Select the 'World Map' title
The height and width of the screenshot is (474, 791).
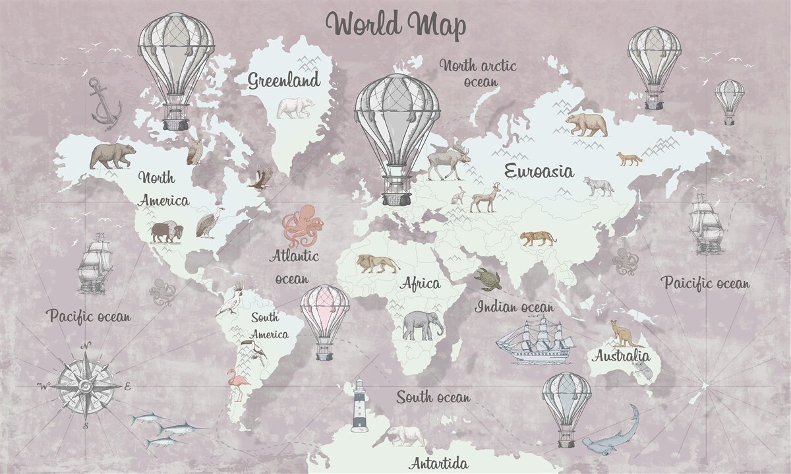click(x=396, y=24)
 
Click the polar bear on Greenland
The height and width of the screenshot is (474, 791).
click(x=295, y=107)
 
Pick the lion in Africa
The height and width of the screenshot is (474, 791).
click(x=377, y=264)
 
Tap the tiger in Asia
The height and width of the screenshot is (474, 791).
click(x=538, y=238)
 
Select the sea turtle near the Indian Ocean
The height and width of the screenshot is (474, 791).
click(x=488, y=280)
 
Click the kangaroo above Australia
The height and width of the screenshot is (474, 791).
click(x=624, y=334)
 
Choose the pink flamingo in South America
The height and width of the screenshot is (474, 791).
click(x=236, y=384)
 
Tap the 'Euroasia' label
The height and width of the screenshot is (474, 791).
click(x=539, y=171)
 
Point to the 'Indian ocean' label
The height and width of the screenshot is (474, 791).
click(x=515, y=307)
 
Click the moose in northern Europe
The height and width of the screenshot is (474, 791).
click(x=448, y=162)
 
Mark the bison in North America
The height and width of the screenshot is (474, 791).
click(x=166, y=232)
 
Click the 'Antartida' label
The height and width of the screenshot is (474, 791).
click(x=438, y=463)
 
